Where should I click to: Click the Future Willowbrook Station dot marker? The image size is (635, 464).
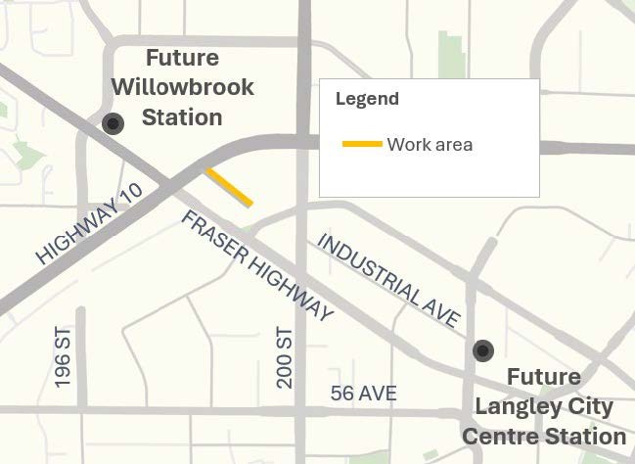[x=113, y=123]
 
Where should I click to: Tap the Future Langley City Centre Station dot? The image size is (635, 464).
[x=482, y=350]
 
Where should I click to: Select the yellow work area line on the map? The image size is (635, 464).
[x=230, y=187]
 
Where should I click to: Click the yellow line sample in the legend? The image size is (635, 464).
[x=361, y=145]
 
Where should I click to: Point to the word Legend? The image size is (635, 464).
[x=367, y=99]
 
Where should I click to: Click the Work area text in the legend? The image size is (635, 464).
[x=430, y=145]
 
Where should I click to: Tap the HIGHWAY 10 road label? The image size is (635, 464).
[x=90, y=222]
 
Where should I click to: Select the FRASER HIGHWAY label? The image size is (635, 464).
[x=256, y=265]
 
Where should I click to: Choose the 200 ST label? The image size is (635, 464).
[x=285, y=357]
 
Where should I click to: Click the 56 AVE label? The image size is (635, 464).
[x=363, y=394]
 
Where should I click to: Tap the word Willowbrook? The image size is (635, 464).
[x=182, y=86]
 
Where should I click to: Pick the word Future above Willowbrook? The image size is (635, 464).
[x=182, y=57]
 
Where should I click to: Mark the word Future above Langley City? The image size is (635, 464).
[x=543, y=378]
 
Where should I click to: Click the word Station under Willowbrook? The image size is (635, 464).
[x=182, y=117]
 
